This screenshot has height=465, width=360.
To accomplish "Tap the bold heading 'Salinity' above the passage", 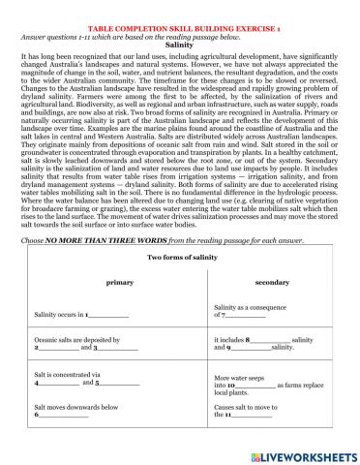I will coord(180,45).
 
